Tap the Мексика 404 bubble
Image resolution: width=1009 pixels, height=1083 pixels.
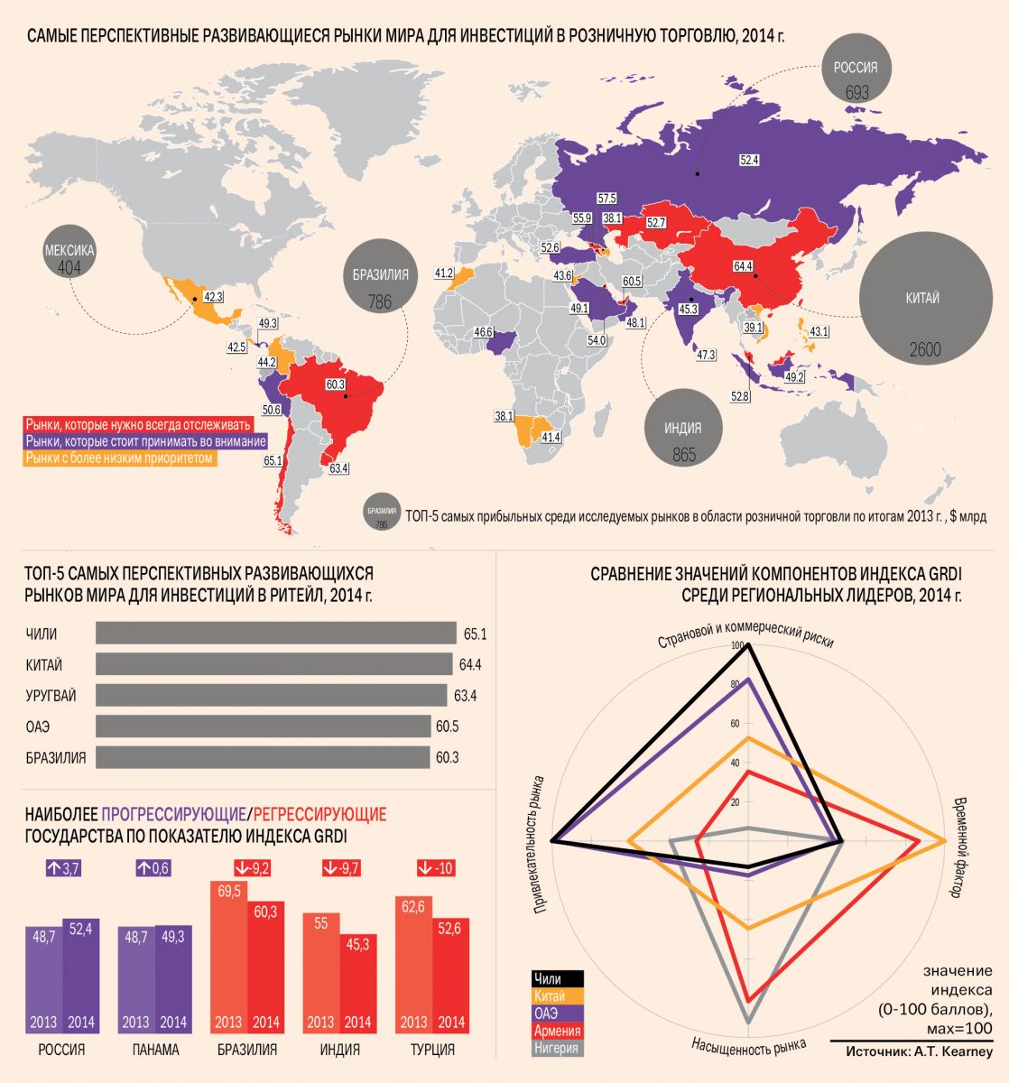click(69, 258)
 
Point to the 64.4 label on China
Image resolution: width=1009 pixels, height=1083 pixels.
click(743, 266)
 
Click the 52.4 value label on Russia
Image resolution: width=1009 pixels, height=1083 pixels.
click(749, 160)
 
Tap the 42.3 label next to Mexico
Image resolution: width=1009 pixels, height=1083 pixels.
click(214, 296)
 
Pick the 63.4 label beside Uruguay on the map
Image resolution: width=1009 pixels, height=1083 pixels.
click(339, 468)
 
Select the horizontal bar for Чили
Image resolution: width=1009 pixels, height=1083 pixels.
click(275, 634)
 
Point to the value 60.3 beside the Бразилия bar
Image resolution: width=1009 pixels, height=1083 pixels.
click(447, 758)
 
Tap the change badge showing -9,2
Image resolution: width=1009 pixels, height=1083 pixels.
click(253, 868)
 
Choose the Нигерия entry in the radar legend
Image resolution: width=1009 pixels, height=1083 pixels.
click(556, 1047)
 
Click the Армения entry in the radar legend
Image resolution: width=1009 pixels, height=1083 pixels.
click(556, 1030)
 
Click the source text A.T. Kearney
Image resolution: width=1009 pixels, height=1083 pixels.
click(920, 1052)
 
